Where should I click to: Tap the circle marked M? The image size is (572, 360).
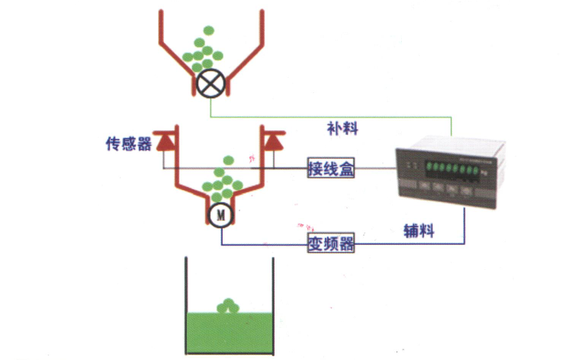(220, 214)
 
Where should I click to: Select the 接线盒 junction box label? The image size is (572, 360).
(331, 168)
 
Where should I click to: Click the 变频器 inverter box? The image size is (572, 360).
(331, 244)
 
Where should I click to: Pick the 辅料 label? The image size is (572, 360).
(418, 230)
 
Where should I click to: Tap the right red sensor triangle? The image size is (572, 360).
(274, 141)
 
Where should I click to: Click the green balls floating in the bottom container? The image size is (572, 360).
(227, 306)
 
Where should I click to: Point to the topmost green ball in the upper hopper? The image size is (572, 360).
(207, 31)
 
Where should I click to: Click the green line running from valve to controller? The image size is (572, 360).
(328, 117)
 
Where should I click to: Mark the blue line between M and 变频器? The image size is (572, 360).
(259, 244)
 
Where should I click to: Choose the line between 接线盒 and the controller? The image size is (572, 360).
(374, 168)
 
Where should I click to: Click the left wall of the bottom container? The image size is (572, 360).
(185, 305)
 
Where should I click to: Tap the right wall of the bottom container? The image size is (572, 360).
(272, 305)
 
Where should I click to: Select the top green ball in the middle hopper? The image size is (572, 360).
(227, 160)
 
